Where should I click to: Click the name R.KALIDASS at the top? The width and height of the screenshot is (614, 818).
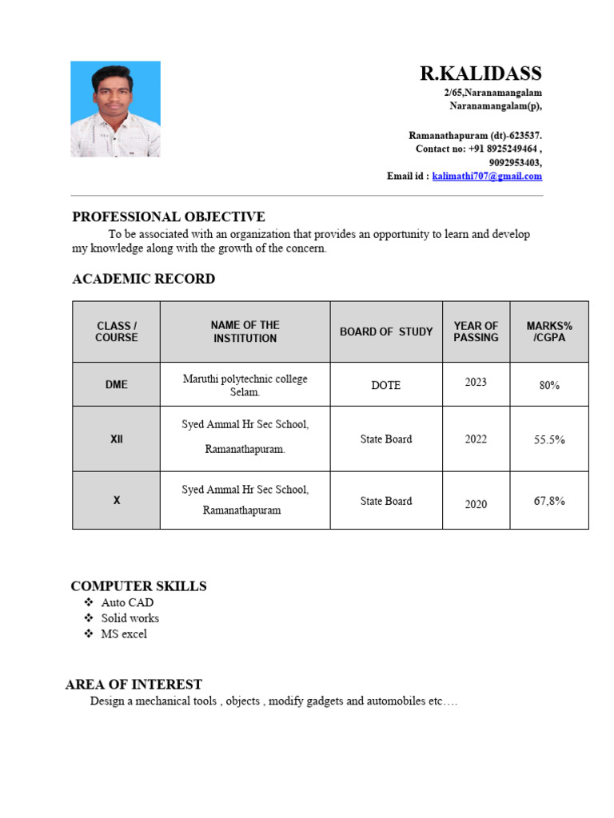point(480,74)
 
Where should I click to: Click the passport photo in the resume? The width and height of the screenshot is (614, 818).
point(115,109)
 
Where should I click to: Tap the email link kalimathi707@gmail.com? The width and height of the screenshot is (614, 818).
point(487,177)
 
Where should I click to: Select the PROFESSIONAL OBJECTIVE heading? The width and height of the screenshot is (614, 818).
point(169,217)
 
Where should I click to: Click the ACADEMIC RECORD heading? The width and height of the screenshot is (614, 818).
point(143,280)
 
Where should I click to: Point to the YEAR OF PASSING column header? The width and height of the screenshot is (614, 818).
point(476,332)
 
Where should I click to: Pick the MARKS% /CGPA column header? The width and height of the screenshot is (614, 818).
point(549,332)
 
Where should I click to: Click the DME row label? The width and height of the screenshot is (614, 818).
point(117,384)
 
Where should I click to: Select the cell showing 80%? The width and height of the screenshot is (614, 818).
point(549,385)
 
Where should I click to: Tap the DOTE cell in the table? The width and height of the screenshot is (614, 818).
point(386,385)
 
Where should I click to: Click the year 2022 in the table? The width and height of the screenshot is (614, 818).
point(476,439)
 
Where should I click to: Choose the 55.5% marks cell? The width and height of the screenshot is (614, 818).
point(549,439)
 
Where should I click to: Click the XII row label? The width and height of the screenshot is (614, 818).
point(117,439)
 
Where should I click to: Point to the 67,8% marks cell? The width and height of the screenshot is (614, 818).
point(549,501)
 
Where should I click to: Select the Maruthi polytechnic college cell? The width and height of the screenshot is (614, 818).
point(245,385)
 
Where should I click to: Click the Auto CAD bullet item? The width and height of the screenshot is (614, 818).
point(127,602)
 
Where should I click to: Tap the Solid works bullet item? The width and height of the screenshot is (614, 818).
point(130,618)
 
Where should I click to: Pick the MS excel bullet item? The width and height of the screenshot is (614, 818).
point(124,634)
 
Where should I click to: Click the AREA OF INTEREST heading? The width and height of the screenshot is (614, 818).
point(134,685)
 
